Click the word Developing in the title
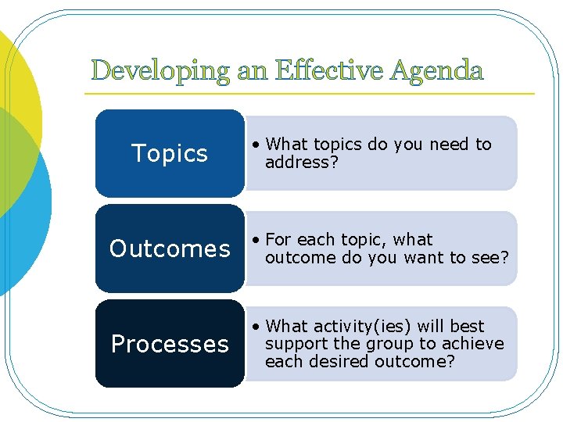(160, 72)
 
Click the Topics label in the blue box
(170, 153)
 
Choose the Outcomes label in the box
(170, 249)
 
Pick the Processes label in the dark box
(170, 344)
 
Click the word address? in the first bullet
(302, 163)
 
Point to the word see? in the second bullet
(491, 258)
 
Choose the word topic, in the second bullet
(366, 240)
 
